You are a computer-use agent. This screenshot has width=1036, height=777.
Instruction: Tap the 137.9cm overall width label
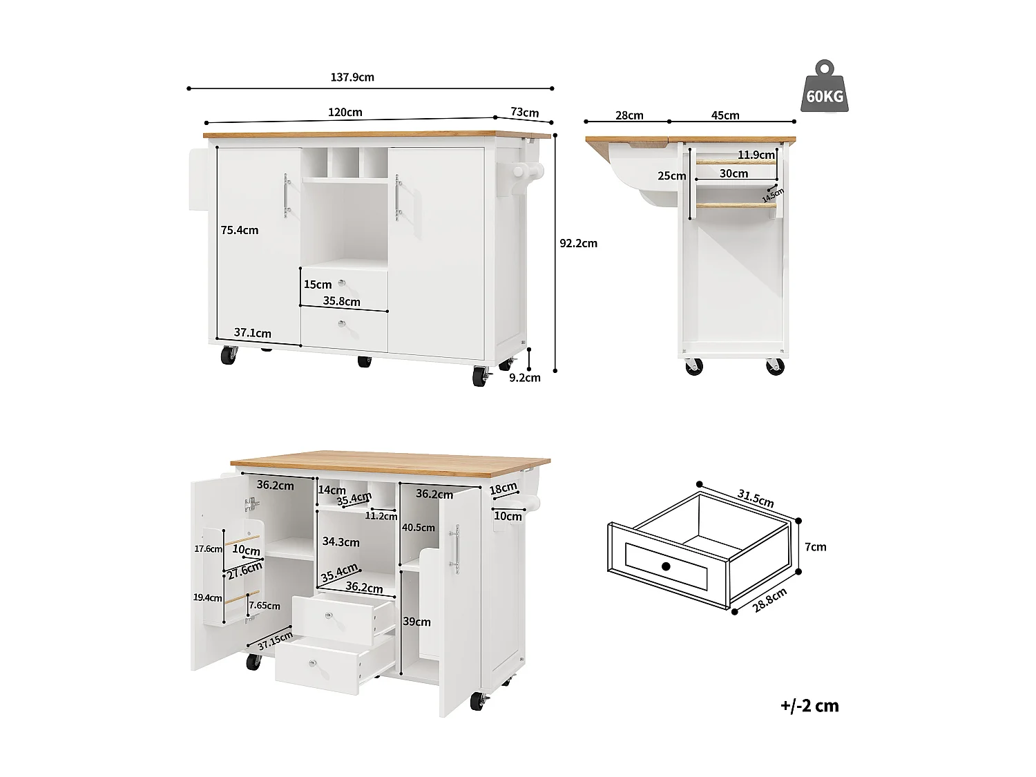click(x=352, y=77)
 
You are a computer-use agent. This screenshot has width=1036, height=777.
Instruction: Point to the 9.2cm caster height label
click(x=524, y=377)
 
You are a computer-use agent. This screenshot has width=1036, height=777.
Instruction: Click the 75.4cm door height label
click(x=239, y=230)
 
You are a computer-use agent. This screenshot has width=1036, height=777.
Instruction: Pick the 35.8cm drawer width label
click(x=341, y=301)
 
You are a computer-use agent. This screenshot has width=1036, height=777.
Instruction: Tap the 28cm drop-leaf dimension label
click(x=629, y=115)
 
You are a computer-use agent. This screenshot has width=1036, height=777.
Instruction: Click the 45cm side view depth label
click(x=725, y=115)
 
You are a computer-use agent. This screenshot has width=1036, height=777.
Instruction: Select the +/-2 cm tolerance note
click(x=809, y=705)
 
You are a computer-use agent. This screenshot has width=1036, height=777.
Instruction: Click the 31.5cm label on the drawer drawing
click(x=755, y=498)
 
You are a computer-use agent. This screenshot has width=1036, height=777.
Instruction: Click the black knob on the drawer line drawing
click(x=666, y=566)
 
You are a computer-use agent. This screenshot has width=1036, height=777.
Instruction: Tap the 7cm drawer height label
click(x=816, y=547)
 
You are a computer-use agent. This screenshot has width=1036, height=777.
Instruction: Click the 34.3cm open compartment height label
click(x=340, y=542)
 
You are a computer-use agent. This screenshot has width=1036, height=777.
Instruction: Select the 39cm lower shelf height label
click(x=416, y=622)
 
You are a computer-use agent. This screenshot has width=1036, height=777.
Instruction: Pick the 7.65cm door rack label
click(x=265, y=606)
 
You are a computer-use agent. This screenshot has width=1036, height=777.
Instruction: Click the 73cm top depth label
click(x=524, y=113)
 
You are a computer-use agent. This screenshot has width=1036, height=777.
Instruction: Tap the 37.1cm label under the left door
click(x=252, y=333)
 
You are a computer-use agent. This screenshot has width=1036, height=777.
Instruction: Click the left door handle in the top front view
click(x=286, y=195)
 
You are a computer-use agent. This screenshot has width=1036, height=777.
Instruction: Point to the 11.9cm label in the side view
click(x=756, y=155)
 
